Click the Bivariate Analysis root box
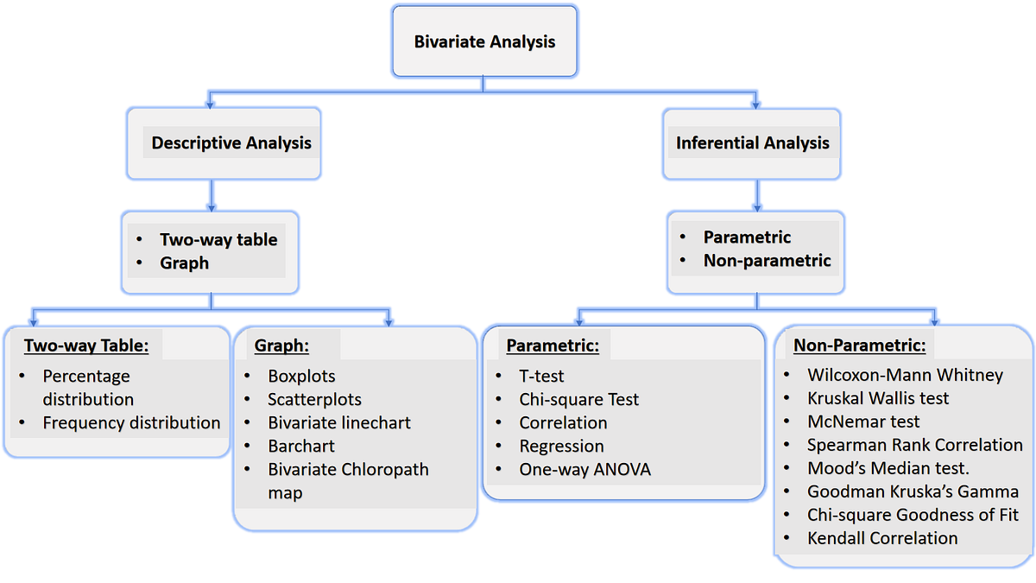coord(484,41)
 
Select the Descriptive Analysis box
coord(231,143)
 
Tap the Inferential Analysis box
coord(752,143)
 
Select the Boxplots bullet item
coord(301,377)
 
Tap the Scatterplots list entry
coord(314,400)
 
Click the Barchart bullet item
coord(301,447)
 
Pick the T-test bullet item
coord(541,377)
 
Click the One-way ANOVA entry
coord(584,470)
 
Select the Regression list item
coord(561,447)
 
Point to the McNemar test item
coord(863,422)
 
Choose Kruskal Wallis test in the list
coord(877,399)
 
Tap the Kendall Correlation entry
coord(882,538)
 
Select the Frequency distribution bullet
coord(131,423)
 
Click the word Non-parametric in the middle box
coord(767,261)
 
